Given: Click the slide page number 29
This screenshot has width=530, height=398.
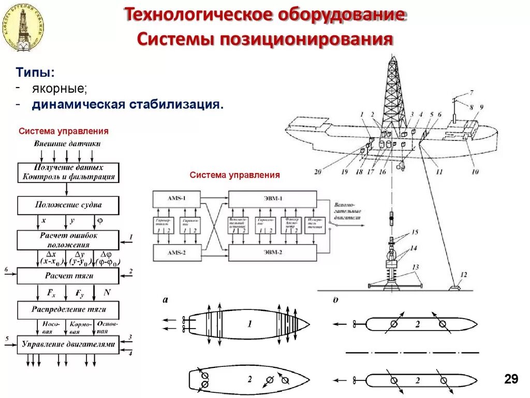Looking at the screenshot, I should pyautogui.click(x=511, y=379).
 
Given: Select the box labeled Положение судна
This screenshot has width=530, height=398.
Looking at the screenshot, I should pyautogui.click(x=68, y=205).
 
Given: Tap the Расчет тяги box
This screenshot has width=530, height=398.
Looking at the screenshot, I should pyautogui.click(x=68, y=276).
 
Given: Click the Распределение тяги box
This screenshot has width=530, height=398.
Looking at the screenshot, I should pyautogui.click(x=68, y=310).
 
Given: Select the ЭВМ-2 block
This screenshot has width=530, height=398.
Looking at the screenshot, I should pyautogui.click(x=272, y=252).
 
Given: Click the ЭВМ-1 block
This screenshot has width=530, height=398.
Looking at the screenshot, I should pyautogui.click(x=272, y=199).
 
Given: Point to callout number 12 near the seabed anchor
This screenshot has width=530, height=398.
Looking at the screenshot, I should pyautogui.click(x=463, y=275).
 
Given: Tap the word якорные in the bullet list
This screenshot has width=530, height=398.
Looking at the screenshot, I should pyautogui.click(x=60, y=89).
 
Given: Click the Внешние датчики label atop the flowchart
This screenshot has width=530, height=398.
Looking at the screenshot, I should pyautogui.click(x=67, y=144).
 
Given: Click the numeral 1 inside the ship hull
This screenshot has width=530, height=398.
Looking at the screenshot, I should pyautogui.click(x=249, y=324).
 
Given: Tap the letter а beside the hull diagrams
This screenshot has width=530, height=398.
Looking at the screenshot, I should pyautogui.click(x=165, y=299).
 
